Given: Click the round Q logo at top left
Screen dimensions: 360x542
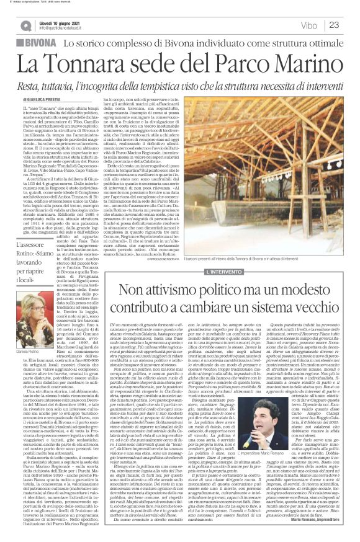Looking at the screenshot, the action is click(25, 25).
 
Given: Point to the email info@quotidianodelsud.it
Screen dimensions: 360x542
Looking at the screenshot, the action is click(65, 29).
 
